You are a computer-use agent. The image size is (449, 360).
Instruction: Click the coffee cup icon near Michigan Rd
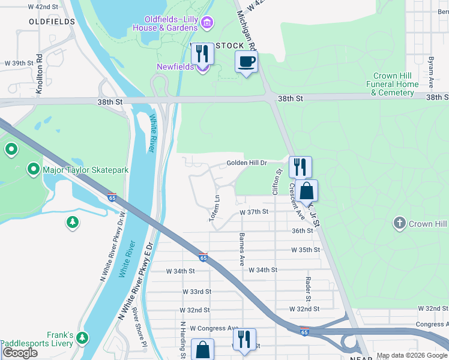point(247,61)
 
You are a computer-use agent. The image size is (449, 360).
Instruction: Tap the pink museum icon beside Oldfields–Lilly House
point(207,23)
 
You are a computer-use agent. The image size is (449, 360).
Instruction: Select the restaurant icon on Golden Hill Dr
point(300,166)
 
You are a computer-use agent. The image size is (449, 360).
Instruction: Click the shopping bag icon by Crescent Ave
point(306,191)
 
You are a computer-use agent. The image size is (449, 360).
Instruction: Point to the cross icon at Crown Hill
point(399,224)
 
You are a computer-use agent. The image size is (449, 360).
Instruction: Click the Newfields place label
point(175,67)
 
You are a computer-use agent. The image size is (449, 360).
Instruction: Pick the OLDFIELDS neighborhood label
point(52,22)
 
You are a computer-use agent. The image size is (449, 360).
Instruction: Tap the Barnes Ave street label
point(242,250)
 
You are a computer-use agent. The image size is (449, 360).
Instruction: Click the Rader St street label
point(307,289)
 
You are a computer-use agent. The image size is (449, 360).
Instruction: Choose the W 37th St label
point(253,212)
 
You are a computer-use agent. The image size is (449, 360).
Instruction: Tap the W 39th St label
point(17,63)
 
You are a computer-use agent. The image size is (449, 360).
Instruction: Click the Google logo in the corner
point(20,353)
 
